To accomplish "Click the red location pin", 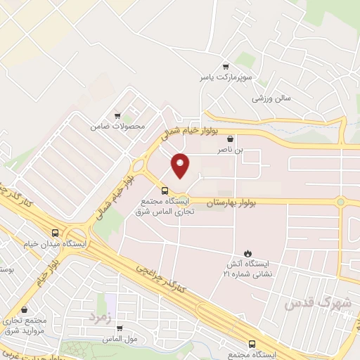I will [x=181, y=165].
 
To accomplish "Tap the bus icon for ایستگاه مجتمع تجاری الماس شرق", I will [x=165, y=191].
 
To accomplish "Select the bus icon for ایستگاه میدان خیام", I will [x=56, y=233].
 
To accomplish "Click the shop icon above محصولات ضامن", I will [x=117, y=117].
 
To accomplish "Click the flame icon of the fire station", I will [x=247, y=252].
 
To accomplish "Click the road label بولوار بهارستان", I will [x=231, y=202].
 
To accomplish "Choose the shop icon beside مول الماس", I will [x=120, y=328].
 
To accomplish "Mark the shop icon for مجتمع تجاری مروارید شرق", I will [x=25, y=309].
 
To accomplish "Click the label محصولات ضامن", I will [x=117, y=127].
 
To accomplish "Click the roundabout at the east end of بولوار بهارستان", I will [x=341, y=202].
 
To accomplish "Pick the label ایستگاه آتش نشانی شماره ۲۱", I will [x=246, y=267].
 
